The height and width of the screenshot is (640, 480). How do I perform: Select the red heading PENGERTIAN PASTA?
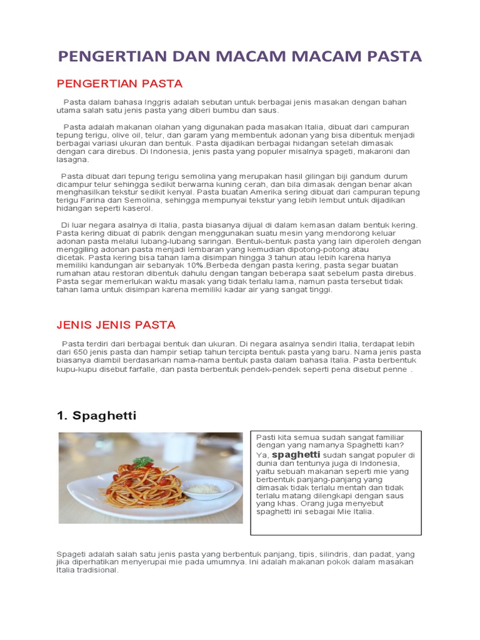(119, 83)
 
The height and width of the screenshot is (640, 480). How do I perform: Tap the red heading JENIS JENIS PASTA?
(116, 325)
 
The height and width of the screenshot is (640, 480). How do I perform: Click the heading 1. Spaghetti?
(96, 416)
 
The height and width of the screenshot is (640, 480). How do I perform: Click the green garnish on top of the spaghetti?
(144, 462)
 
